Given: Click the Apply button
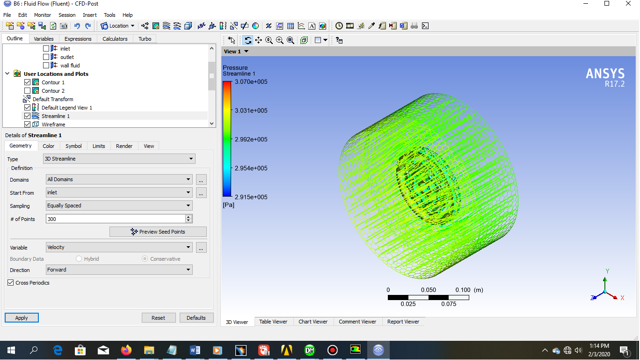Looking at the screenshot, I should tap(22, 318).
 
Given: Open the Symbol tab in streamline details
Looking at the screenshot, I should tap(73, 146).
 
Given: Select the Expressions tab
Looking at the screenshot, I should tap(78, 39).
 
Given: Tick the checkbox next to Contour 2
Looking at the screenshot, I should tap(28, 91).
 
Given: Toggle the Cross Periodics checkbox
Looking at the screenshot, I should tap(11, 283).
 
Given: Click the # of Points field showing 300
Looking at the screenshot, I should tap(116, 219).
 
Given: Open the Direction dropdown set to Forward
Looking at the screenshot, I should tap(119, 270).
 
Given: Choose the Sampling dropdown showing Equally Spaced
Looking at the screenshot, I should tap(119, 206).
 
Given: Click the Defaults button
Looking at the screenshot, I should tap(196, 318).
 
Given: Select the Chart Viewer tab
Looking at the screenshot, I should tap(313, 322).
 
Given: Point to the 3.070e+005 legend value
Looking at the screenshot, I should tap(251, 82).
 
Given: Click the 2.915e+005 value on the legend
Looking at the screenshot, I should tap(251, 197).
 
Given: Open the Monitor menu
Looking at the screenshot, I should tap(43, 15).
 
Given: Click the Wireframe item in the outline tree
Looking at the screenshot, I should tap(53, 125).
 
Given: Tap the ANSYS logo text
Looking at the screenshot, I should tap(605, 74).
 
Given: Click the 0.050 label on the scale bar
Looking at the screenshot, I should tap(428, 290).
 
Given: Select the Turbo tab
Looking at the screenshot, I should tap(145, 39).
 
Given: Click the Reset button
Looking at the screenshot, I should tap(159, 318).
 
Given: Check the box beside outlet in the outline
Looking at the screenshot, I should tap(46, 57).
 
